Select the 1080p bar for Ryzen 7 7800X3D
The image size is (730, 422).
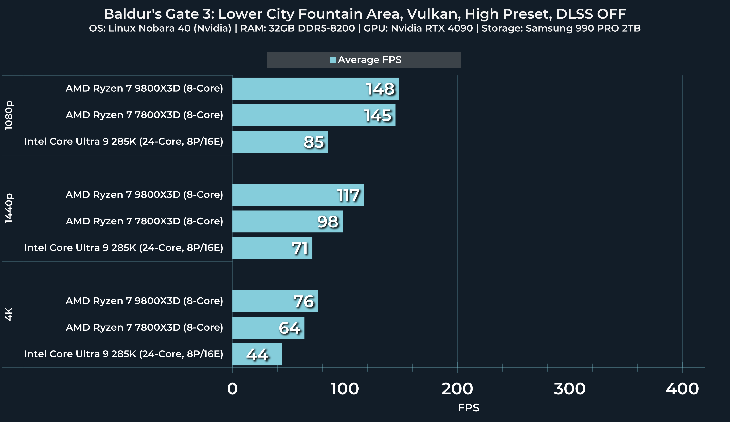click(x=314, y=115)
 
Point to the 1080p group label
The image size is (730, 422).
click(x=9, y=115)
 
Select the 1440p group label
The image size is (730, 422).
click(x=9, y=208)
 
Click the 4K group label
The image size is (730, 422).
click(x=9, y=314)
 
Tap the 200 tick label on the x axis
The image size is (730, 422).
click(x=457, y=389)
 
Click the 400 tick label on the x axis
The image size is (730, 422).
click(x=682, y=389)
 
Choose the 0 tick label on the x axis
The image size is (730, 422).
click(x=232, y=389)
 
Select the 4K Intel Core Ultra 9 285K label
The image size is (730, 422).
click(x=124, y=354)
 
